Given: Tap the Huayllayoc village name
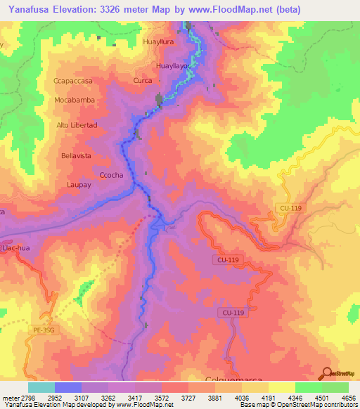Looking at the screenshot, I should (x=172, y=66).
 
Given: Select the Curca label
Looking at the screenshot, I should (x=142, y=81).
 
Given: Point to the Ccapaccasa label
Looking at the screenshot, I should (x=73, y=82).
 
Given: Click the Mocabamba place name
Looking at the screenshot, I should (x=74, y=100).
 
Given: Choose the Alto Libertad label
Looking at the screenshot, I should (x=76, y=125).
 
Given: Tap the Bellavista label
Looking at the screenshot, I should (x=76, y=155).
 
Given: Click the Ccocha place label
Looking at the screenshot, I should (x=112, y=175).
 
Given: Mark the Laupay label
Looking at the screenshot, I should (x=79, y=184).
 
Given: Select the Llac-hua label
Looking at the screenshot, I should (x=14, y=248).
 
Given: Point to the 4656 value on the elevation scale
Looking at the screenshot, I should (x=349, y=397).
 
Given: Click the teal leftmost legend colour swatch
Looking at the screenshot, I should (x=41, y=387).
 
